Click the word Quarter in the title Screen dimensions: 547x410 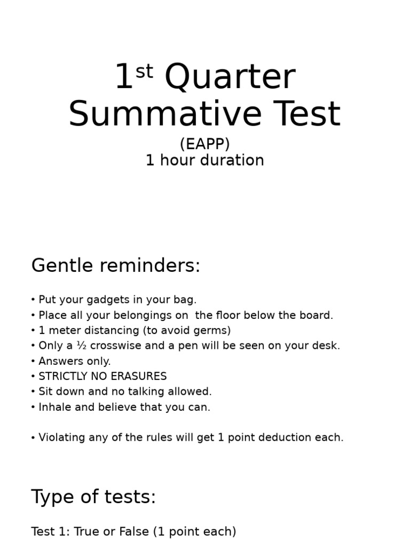click(x=230, y=78)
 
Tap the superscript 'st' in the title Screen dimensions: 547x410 click(x=144, y=71)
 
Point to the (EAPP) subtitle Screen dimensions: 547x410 click(x=205, y=144)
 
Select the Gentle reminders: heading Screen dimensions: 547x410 click(x=116, y=265)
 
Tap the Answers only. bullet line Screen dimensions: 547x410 click(x=74, y=361)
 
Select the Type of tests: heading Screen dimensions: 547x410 click(x=93, y=497)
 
